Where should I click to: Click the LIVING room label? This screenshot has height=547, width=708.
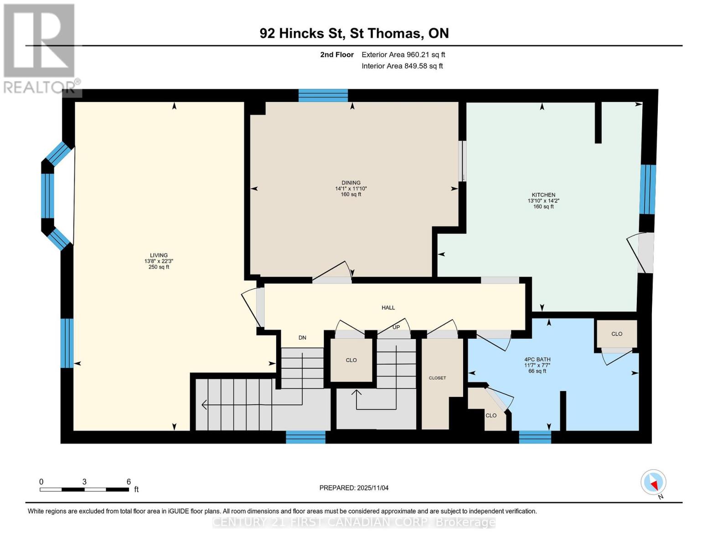pos(159,256)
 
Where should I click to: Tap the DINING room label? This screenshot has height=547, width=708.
pos(351,183)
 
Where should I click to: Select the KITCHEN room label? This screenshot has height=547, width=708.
pos(543,195)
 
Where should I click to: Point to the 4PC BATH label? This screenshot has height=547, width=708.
pos(537,360)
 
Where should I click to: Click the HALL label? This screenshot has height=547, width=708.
pos(388,308)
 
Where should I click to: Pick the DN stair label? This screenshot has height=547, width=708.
pos(302,338)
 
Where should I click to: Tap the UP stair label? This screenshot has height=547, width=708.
pos(396,327)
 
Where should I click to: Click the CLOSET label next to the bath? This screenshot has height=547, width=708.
pos(437,378)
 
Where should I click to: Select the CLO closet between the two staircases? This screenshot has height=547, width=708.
pos(351,360)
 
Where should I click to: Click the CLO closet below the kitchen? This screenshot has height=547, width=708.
pos(616,334)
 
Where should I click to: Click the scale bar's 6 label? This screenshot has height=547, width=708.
pos(129,482)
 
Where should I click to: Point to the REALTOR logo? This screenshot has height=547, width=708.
pos(40,48)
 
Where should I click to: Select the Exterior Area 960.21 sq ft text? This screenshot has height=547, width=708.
pos(403,55)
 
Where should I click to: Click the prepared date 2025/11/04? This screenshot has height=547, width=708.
pos(354,488)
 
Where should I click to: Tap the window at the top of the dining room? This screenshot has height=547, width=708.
pos(323,96)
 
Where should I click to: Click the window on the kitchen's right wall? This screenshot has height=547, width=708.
pos(647,189)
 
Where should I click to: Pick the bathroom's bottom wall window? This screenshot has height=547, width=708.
pos(535,437)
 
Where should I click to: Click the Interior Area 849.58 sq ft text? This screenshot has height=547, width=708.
pos(402,66)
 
